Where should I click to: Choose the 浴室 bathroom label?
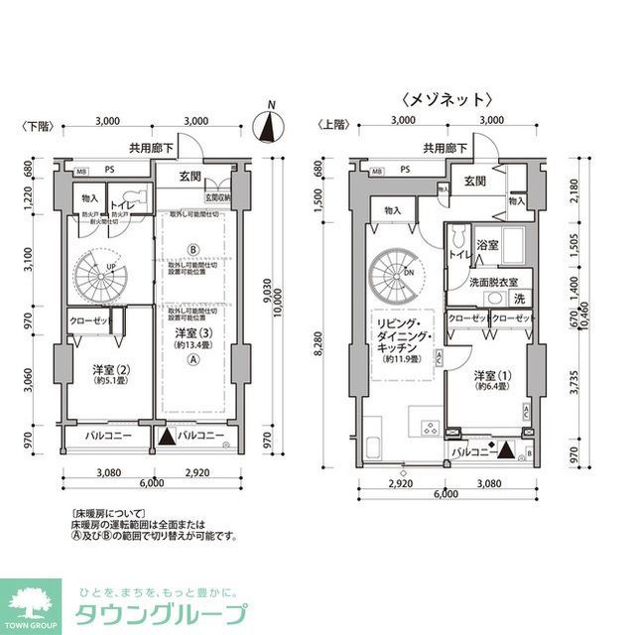pos(487,243)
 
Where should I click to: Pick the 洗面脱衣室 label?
pos(493,282)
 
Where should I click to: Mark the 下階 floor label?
pos(37,126)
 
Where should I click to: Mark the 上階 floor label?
pos(332,126)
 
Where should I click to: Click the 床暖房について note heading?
pos(102,515)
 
